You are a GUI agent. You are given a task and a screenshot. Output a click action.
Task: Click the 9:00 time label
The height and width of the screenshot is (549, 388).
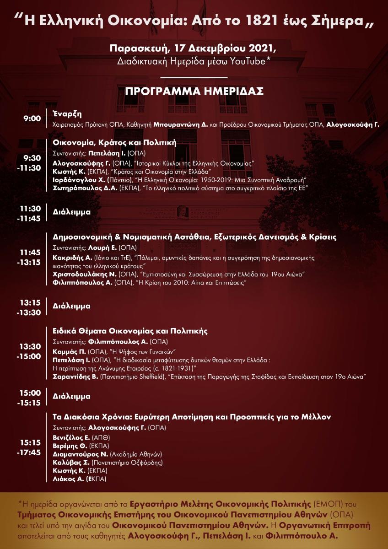coord(32,118)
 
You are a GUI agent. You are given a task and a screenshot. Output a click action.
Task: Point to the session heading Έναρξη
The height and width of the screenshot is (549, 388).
coord(67,114)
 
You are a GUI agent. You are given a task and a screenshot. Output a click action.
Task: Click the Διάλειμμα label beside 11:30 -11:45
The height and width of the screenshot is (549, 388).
coord(72,212)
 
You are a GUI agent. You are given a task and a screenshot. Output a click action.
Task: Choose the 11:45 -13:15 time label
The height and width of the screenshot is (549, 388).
coord(30,257)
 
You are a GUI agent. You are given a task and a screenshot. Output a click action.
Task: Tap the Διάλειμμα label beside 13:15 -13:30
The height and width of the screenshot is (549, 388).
coord(72,306)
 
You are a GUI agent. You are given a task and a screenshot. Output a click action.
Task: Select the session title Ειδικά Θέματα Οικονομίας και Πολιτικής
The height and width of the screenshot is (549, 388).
coord(130,331)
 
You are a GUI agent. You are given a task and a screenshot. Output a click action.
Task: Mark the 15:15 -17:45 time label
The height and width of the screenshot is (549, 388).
coord(30,448)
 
